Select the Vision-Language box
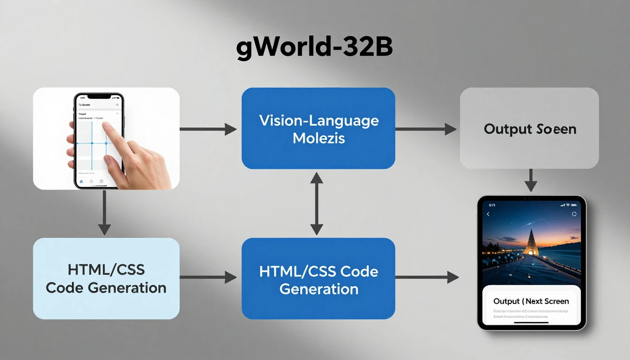pyautogui.click(x=318, y=128)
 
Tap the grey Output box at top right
pyautogui.click(x=529, y=128)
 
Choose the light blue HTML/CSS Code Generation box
pyautogui.click(x=106, y=278)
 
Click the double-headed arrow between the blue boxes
pyautogui.click(x=317, y=203)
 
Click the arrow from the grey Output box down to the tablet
pyautogui.click(x=530, y=180)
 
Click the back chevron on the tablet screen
pyautogui.click(x=488, y=214)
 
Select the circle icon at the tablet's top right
pyautogui.click(x=574, y=214)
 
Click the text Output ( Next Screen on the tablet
pyautogui.click(x=531, y=301)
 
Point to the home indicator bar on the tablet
pyautogui.click(x=531, y=322)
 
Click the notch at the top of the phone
pyautogui.click(x=99, y=96)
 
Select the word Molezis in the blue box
pyautogui.click(x=318, y=138)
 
